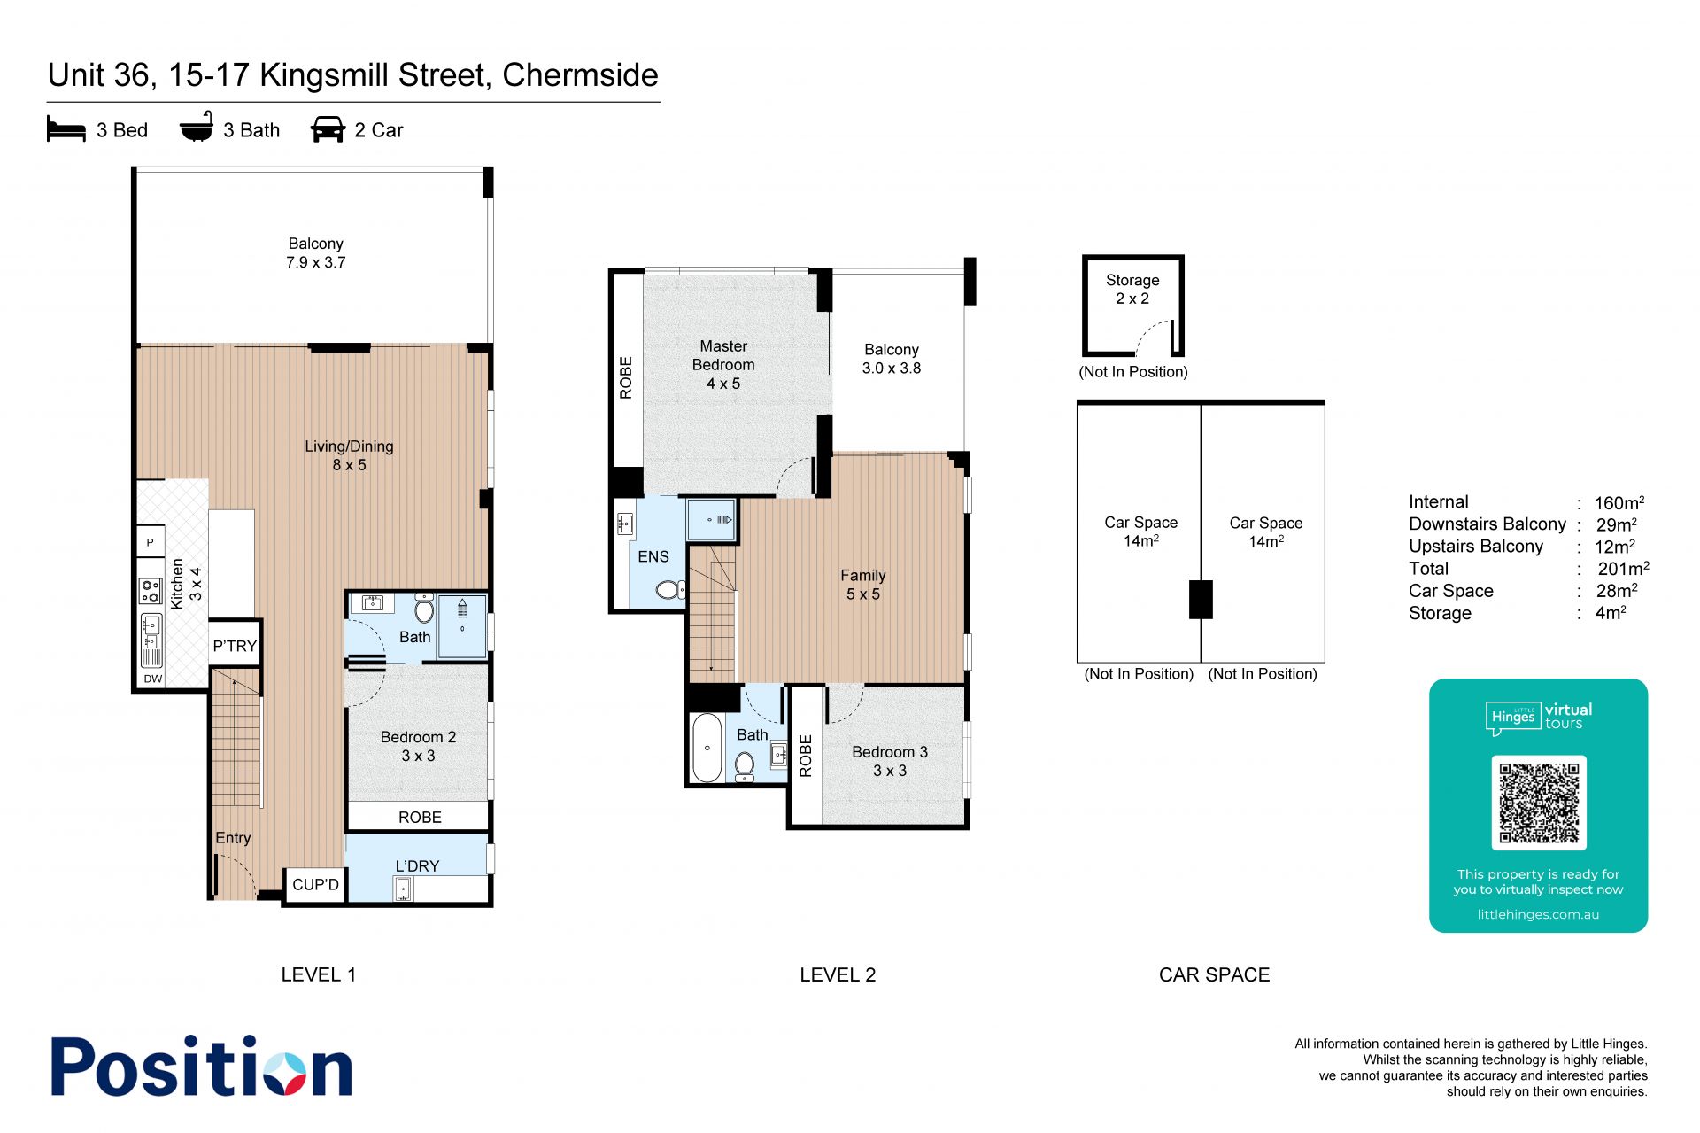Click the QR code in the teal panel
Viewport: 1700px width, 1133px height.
(x=1539, y=803)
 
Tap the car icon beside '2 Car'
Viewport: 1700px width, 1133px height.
(x=328, y=129)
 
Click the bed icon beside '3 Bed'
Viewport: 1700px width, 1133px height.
(x=66, y=129)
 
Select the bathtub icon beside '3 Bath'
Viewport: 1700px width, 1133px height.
(x=197, y=127)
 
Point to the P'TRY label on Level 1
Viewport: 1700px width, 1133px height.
(x=235, y=646)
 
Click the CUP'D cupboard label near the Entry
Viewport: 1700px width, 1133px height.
(x=316, y=884)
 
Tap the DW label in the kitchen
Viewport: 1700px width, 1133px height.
(x=153, y=679)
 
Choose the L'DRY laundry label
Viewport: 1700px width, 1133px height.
(x=417, y=865)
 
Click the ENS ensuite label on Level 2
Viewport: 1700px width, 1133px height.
(x=653, y=556)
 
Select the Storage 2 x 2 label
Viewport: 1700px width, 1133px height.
(x=1132, y=289)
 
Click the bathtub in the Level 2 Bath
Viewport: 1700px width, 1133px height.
(x=707, y=748)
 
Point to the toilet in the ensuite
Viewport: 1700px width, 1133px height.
(x=670, y=589)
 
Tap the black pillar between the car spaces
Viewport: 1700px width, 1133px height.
(x=1201, y=599)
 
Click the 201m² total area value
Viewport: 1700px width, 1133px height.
(x=1623, y=569)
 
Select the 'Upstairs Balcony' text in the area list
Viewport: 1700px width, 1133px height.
(x=1476, y=547)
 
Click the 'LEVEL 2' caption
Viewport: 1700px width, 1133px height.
(x=838, y=974)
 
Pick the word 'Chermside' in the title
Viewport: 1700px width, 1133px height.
(x=580, y=75)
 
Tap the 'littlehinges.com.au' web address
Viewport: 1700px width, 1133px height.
(x=1538, y=914)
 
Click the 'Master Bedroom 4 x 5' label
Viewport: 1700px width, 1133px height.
(x=723, y=365)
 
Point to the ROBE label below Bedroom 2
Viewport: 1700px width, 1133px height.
(x=420, y=817)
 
